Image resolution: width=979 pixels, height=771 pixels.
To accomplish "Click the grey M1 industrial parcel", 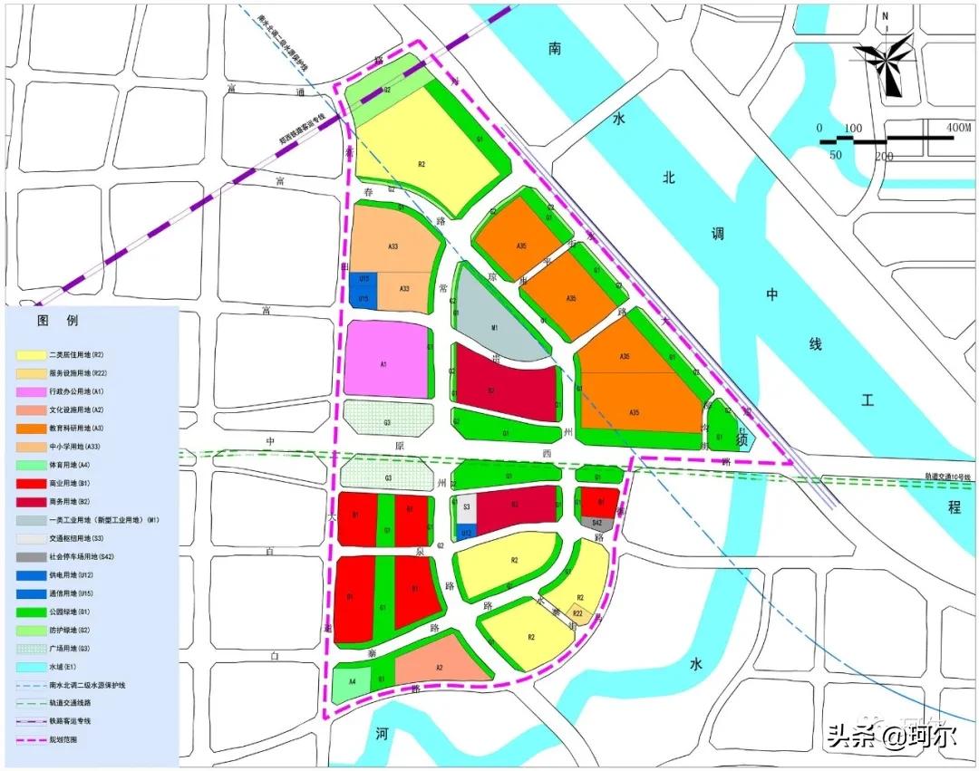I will [x=494, y=326].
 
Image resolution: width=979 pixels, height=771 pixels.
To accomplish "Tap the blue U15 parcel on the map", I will [x=363, y=299].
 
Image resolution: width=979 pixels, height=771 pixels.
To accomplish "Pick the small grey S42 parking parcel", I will [x=596, y=523].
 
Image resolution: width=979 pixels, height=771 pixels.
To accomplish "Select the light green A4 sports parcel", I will [x=352, y=680].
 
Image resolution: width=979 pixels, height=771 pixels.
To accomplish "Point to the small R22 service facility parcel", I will [x=578, y=613].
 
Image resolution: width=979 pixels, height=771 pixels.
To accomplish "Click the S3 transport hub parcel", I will [x=466, y=508].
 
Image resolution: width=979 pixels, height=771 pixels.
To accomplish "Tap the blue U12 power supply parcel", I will [x=465, y=533].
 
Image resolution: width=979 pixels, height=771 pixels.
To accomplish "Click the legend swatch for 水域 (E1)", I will [x=29, y=667].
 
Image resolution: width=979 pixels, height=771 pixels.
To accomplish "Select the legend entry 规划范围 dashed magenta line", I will [x=29, y=739].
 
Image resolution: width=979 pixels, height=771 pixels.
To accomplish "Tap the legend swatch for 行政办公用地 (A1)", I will [x=29, y=390].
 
